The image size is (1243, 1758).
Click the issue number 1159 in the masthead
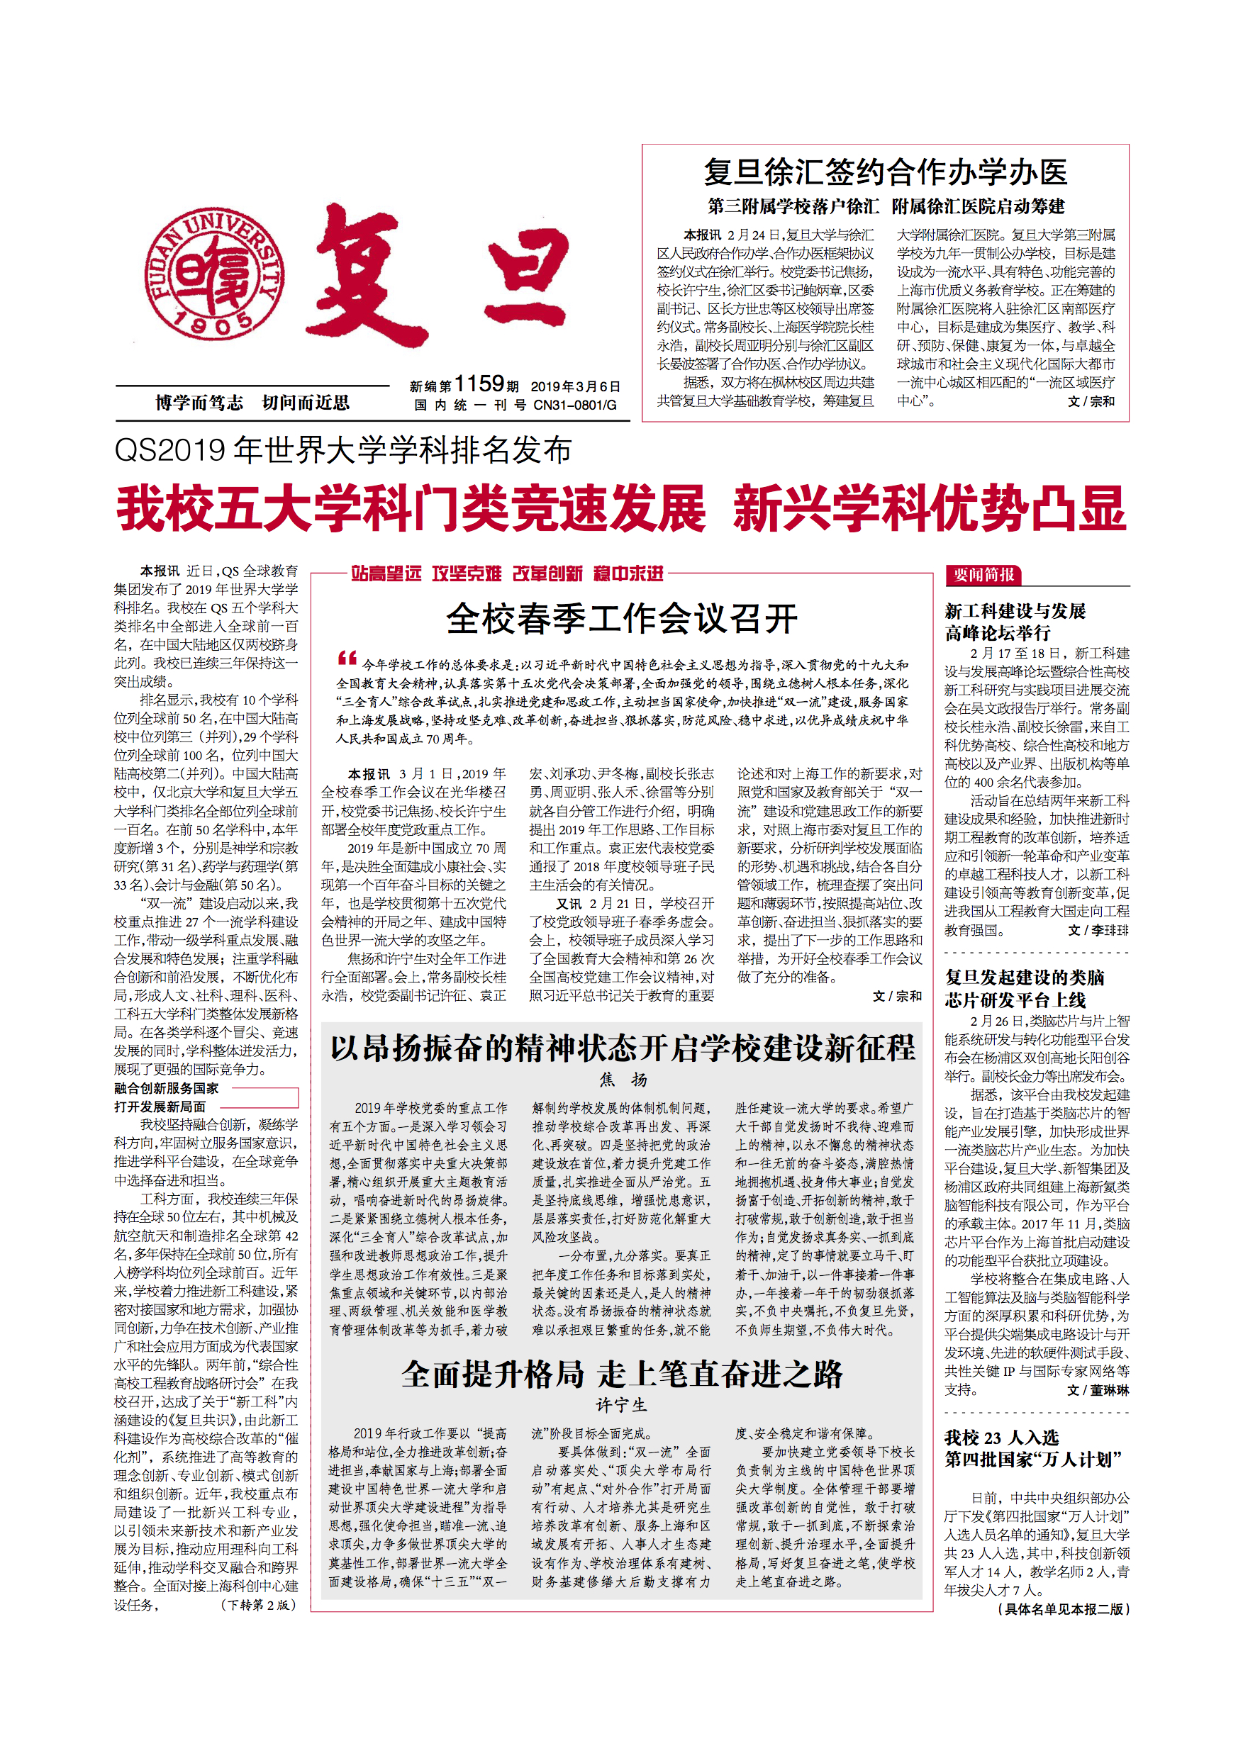479,383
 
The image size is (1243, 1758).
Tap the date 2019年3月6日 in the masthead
575,386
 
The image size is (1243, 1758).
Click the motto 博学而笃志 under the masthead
199,403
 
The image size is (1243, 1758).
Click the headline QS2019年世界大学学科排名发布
342,450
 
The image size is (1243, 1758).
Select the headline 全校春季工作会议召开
621,619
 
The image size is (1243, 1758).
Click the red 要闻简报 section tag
983,574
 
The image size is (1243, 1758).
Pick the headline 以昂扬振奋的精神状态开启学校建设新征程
622,1048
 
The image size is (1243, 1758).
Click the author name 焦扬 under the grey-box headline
623,1080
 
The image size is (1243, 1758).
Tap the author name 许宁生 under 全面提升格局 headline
622,1405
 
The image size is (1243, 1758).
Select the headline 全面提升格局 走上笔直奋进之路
622,1375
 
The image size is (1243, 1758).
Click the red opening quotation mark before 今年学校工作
347,658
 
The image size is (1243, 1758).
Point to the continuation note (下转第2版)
258,1604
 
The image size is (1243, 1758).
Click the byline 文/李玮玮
1098,930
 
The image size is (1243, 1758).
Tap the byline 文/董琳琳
1098,1389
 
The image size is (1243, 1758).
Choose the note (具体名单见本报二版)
1063,1608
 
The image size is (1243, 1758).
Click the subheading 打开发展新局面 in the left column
160,1107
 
